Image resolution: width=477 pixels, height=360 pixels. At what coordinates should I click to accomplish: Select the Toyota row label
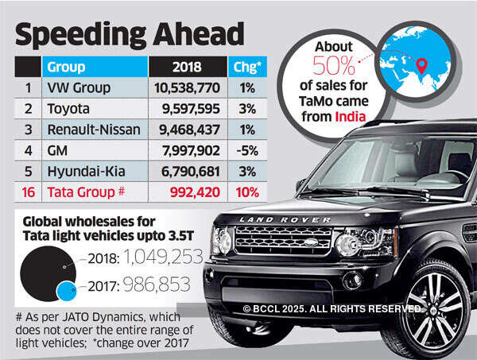point(69,109)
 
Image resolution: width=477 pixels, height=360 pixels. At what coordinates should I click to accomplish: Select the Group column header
point(66,66)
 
